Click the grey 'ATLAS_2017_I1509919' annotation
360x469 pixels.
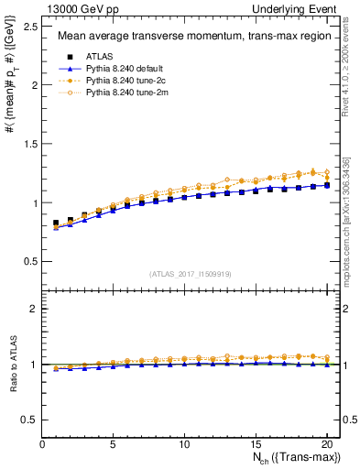pos(190,273)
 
